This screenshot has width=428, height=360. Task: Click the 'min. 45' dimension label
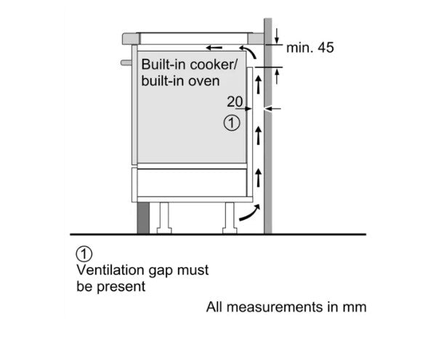[310, 48]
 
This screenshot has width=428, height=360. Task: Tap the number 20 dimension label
[235, 102]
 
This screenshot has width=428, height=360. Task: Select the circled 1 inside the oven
[232, 123]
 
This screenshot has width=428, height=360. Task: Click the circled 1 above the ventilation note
[84, 254]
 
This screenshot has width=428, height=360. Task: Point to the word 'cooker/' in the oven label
[214, 65]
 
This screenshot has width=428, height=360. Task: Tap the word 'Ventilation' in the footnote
[110, 270]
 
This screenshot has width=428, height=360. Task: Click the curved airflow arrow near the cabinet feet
[249, 213]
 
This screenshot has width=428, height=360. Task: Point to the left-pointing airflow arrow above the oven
[214, 48]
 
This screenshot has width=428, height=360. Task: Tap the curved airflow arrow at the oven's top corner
[249, 51]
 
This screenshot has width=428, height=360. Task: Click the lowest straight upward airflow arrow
[258, 178]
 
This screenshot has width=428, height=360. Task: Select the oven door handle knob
[126, 62]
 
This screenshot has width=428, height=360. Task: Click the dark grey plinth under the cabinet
[143, 218]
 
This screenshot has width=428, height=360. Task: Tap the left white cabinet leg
[164, 218]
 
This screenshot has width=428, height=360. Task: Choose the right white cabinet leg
[230, 218]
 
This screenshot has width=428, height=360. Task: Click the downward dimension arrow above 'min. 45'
[277, 36]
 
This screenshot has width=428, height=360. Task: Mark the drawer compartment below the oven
[192, 182]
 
